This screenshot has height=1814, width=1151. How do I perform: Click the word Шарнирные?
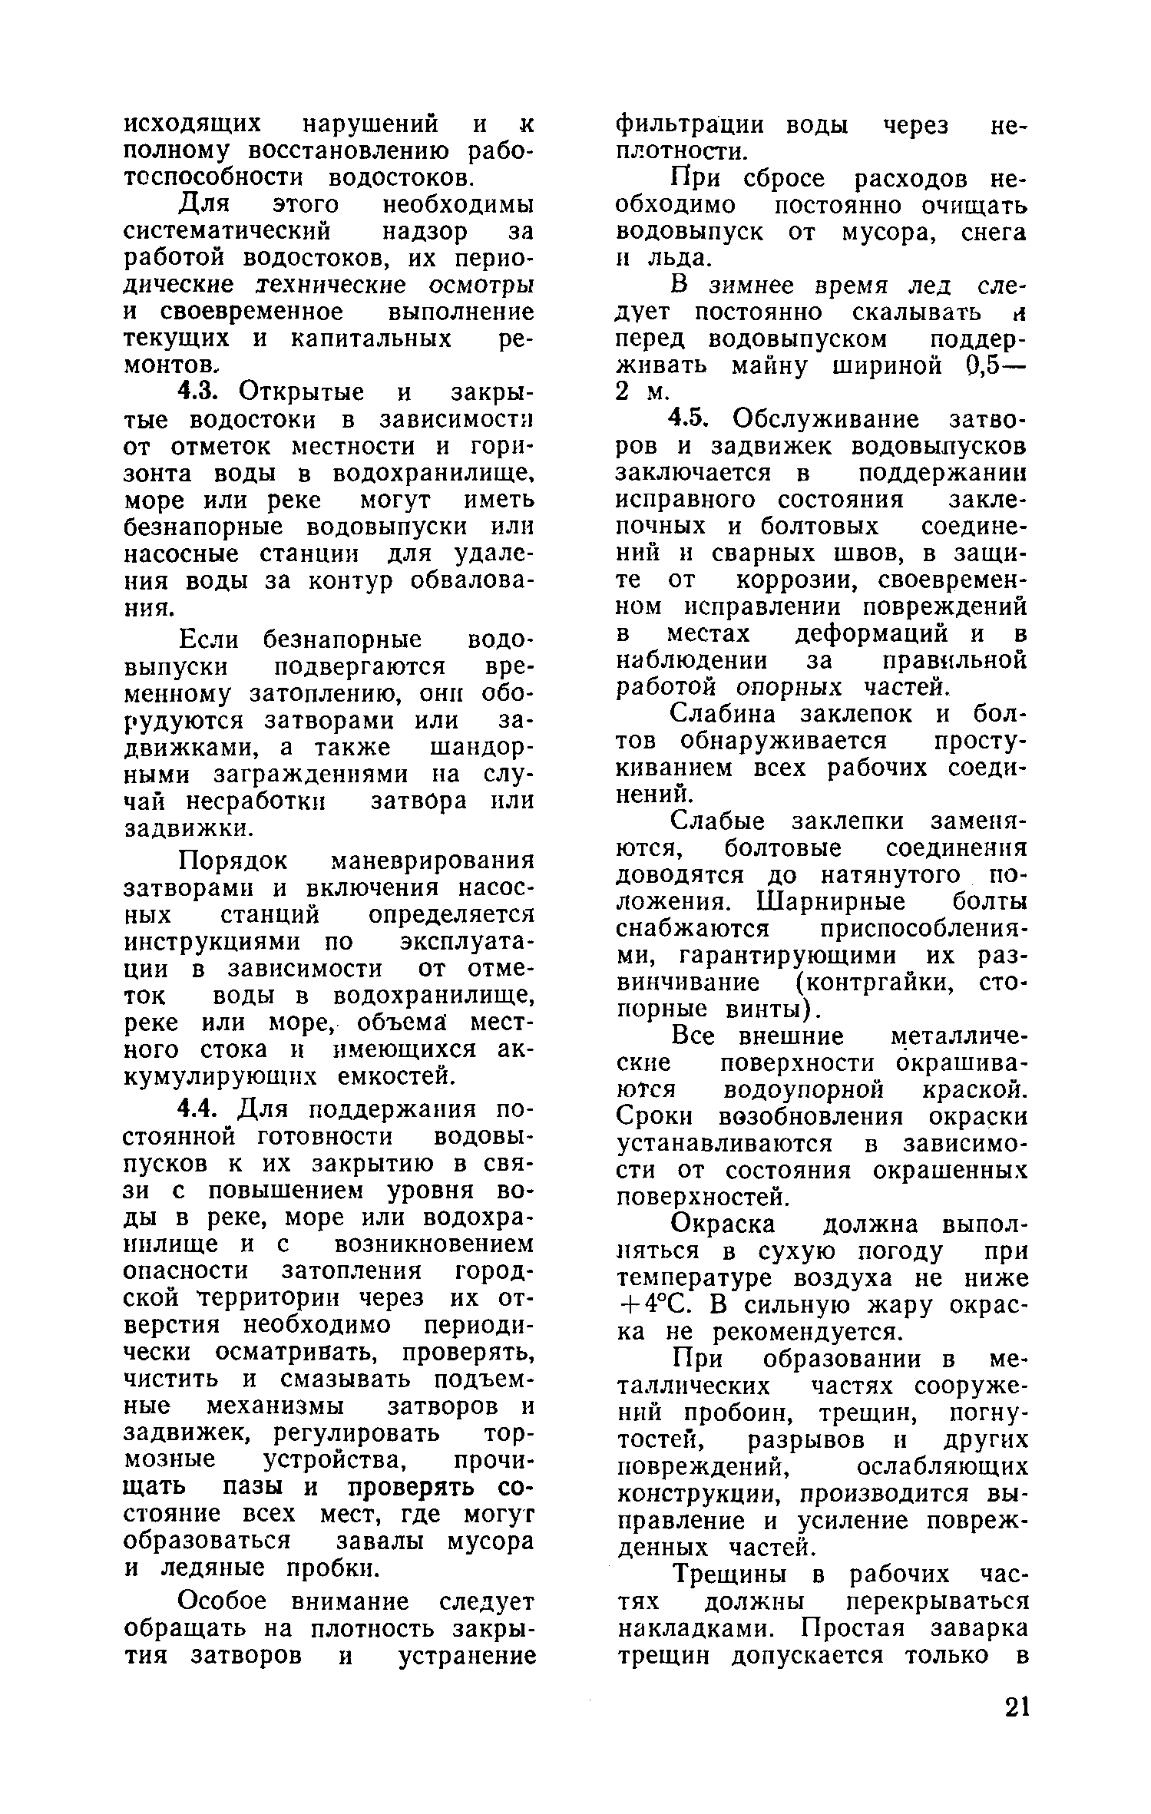pos(831,901)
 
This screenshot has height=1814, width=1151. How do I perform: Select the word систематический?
pos(227,233)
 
